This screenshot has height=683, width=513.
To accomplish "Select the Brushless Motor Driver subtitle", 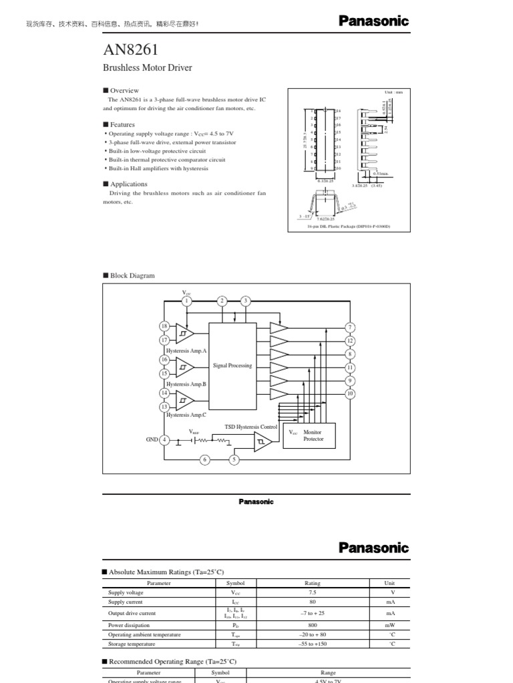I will click(x=147, y=67).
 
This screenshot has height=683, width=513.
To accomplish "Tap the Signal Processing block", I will click(x=232, y=366).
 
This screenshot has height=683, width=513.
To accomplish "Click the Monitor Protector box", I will click(x=309, y=436).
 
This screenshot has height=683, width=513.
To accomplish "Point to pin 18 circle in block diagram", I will click(x=164, y=325).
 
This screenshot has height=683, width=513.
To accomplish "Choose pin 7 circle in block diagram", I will click(x=350, y=327).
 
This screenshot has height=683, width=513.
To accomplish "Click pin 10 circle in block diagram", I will click(x=350, y=394).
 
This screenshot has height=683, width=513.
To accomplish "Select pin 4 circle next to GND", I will click(x=164, y=440).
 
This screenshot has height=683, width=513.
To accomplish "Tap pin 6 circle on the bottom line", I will click(x=204, y=459).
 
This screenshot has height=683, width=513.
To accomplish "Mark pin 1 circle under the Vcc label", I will click(x=187, y=301).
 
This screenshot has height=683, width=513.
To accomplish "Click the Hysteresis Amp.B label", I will click(x=186, y=384).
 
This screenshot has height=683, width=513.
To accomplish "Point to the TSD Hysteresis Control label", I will click(x=250, y=426).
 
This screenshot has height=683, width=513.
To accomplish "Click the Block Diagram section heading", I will click(x=132, y=275).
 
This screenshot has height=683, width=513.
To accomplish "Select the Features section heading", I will click(x=122, y=125).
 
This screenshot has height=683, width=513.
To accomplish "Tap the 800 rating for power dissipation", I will click(x=313, y=625).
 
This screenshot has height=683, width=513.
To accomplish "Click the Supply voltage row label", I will click(x=126, y=592).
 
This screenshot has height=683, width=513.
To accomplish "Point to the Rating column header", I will click(x=313, y=583).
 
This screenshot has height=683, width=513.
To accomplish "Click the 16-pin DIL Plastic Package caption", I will click(x=348, y=227).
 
